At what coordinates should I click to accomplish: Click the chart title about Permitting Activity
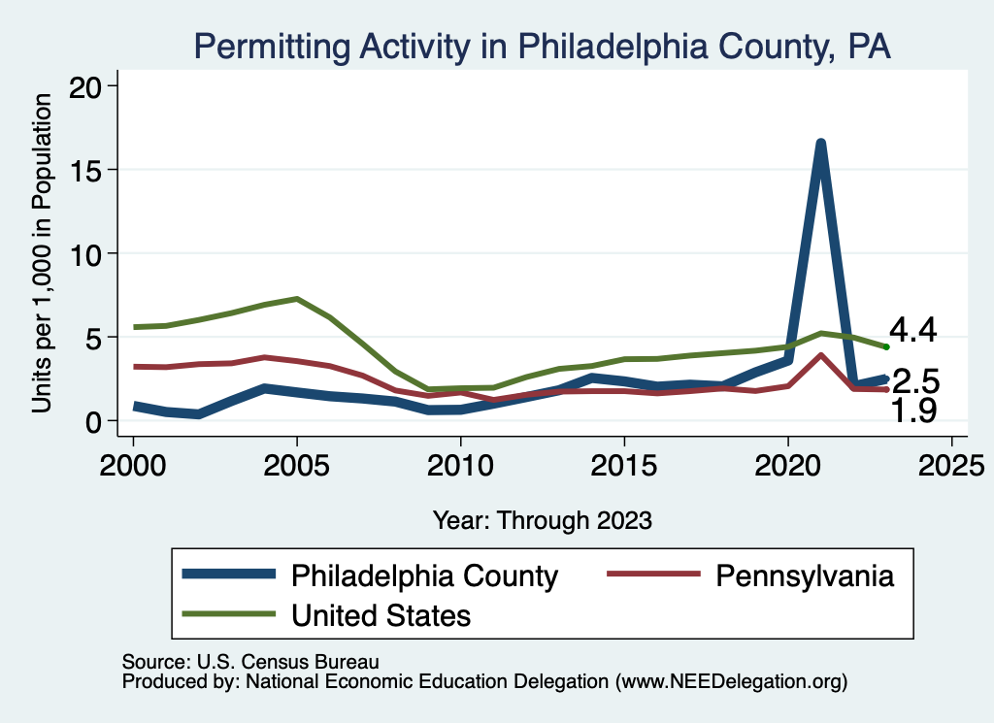[x=542, y=46]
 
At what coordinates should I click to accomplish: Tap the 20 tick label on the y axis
[x=90, y=86]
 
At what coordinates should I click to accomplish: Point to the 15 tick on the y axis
[x=90, y=170]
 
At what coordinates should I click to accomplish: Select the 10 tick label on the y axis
[x=90, y=253]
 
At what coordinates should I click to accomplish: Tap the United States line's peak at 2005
[x=296, y=299]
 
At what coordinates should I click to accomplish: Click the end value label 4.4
[x=912, y=331]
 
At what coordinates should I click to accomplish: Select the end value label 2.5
[x=914, y=380]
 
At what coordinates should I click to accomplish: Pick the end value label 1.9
[x=914, y=411]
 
